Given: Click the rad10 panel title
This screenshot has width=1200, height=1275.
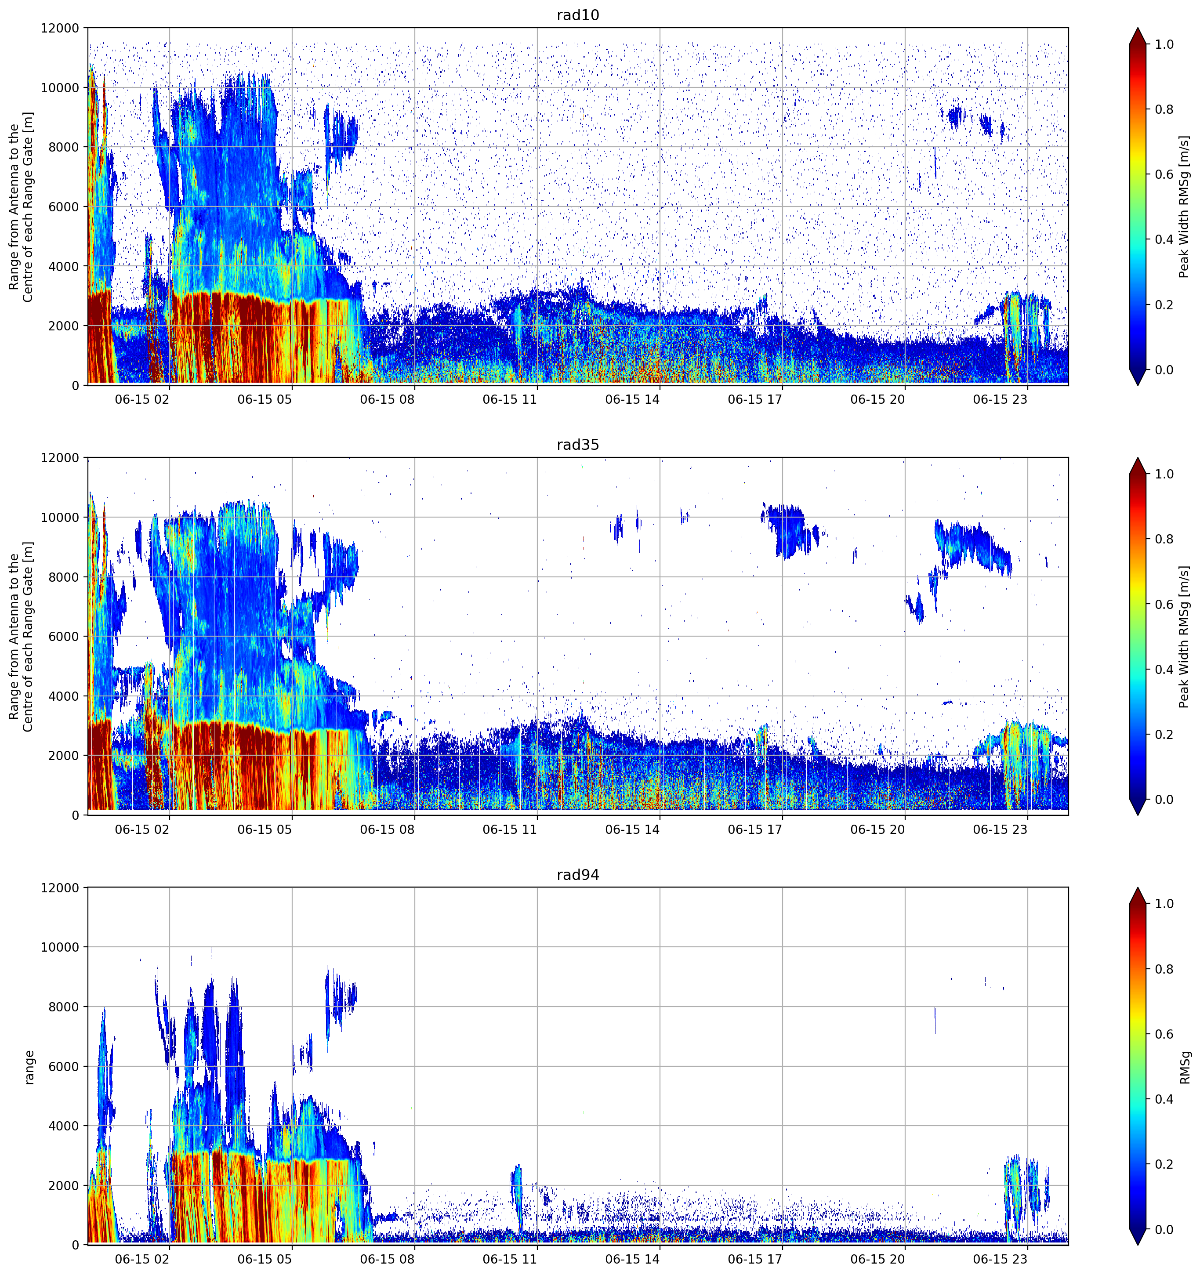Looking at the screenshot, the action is [577, 15].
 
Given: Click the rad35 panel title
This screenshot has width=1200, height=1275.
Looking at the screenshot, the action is [577, 445].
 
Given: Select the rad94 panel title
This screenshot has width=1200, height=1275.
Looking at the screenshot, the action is [577, 875].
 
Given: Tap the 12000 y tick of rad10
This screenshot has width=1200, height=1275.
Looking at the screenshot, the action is [60, 28].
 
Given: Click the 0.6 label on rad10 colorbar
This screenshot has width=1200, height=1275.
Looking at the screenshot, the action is [1164, 174].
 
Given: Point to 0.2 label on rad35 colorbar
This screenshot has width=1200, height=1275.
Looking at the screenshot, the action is [1164, 734].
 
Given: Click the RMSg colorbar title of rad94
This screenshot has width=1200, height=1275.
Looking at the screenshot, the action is [1185, 1067].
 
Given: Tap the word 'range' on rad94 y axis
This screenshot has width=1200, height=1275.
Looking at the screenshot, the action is [29, 1067].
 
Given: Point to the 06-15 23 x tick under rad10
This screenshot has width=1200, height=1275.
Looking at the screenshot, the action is [1000, 399].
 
